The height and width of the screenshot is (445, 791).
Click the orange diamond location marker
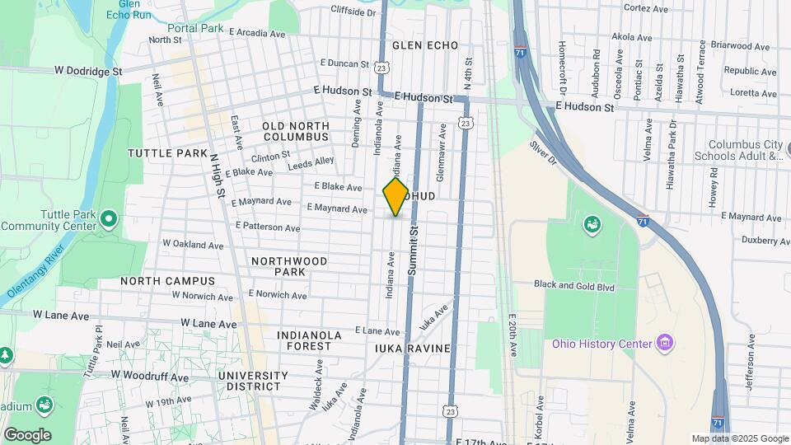pyautogui.click(x=395, y=196)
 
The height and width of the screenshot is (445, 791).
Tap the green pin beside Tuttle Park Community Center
pyautogui.click(x=110, y=218)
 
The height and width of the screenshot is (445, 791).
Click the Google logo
pyautogui.click(x=27, y=434)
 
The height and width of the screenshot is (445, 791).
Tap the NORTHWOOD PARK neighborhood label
pyautogui.click(x=289, y=266)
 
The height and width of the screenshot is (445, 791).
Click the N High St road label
pyautogui.click(x=218, y=176)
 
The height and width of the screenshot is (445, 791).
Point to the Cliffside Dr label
pyautogui.click(x=353, y=12)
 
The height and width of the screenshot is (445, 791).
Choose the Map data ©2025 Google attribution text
pyautogui.click(x=740, y=438)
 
